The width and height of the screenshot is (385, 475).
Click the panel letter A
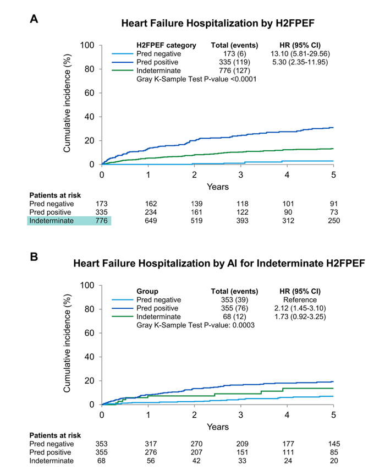34,19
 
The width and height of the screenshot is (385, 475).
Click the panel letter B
34,256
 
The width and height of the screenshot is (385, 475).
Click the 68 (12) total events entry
230,318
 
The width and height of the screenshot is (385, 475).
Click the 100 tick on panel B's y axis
87,285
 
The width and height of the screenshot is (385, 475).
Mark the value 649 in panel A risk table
148,221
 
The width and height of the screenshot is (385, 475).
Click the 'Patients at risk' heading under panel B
54,435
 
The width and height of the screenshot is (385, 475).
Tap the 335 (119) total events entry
230,63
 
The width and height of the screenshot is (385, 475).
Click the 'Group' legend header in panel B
147,291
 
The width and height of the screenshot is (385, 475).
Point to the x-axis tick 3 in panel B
240,413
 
